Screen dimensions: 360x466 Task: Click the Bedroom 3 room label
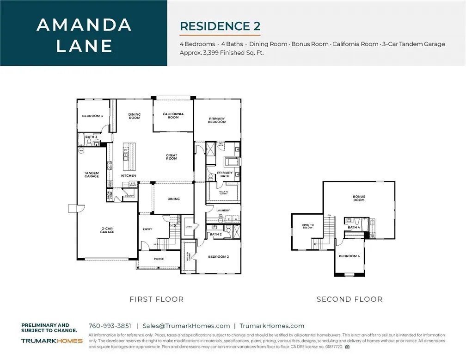[x=92, y=116]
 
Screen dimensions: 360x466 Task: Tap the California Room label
[x=173, y=115]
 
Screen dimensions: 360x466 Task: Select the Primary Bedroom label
[x=217, y=120]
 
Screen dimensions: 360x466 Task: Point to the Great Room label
[x=172, y=157]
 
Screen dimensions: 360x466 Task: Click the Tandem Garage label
[x=92, y=174]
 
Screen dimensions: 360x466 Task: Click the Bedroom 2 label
[x=218, y=257]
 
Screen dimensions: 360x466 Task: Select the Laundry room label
[x=223, y=210]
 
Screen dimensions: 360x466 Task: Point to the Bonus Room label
[x=359, y=198]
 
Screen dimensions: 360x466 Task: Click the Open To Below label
[x=308, y=226]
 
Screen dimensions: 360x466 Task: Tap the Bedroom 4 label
[x=349, y=256]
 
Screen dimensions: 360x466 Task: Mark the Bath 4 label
[x=354, y=227]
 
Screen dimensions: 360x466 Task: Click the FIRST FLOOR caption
[x=157, y=299]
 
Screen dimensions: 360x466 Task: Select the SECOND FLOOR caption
[x=349, y=299]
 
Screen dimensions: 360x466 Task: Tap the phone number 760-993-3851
[x=110, y=326]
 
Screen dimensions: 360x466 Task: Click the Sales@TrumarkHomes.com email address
[x=186, y=326]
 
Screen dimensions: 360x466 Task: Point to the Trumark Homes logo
[x=52, y=341]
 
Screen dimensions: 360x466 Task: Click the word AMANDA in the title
[x=83, y=25]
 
